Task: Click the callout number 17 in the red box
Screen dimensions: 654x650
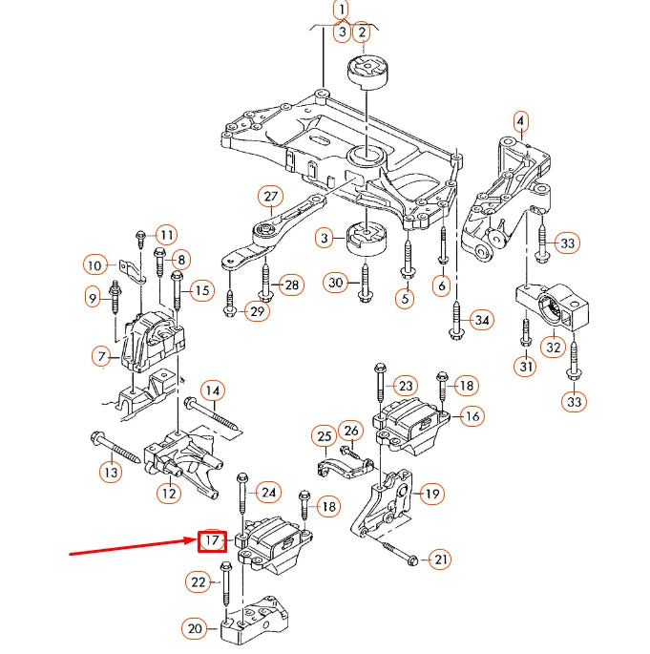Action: (211, 541)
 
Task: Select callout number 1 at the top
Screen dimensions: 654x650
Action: (341, 10)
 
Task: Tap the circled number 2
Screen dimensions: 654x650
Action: (362, 33)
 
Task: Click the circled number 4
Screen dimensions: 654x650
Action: (520, 121)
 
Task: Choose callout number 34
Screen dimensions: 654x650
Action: (482, 320)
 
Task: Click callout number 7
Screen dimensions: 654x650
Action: (101, 357)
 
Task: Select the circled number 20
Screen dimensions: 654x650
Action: (195, 628)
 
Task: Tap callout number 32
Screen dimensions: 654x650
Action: (554, 348)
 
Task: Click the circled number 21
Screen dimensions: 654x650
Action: (440, 559)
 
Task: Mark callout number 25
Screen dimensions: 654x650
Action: (324, 437)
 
